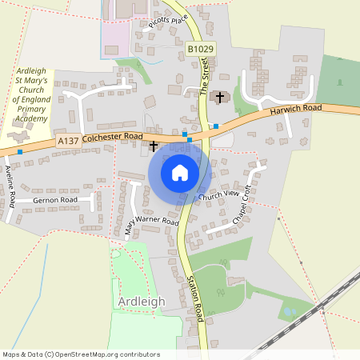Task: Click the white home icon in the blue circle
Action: (x=180, y=172)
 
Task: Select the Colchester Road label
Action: (x=112, y=137)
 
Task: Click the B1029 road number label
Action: (x=202, y=50)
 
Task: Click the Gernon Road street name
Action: (x=55, y=199)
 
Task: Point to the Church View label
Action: (x=219, y=194)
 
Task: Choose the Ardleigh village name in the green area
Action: (x=142, y=301)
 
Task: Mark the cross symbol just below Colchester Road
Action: (x=154, y=146)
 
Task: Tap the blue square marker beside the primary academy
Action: (x=20, y=151)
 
